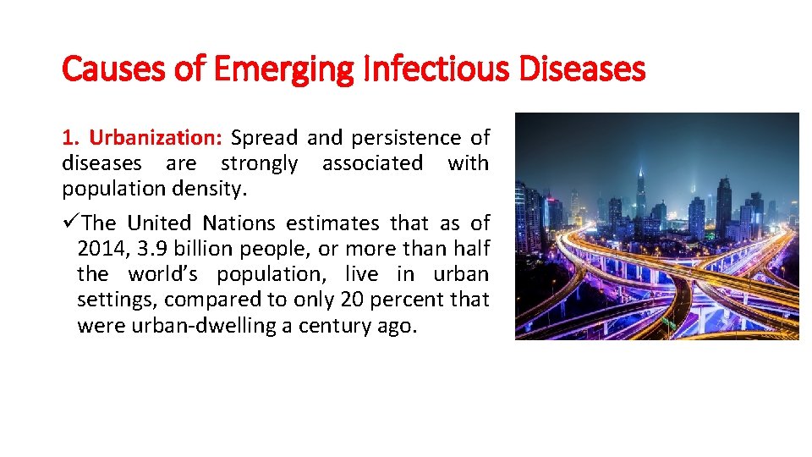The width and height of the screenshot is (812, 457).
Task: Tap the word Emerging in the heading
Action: click(283, 69)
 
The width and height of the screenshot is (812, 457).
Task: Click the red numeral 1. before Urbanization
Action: click(70, 137)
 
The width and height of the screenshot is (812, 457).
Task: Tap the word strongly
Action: click(259, 162)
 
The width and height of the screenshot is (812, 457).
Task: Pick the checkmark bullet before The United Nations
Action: click(69, 223)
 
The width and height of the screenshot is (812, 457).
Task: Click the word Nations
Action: click(243, 223)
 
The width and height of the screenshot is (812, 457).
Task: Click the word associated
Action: click(372, 162)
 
